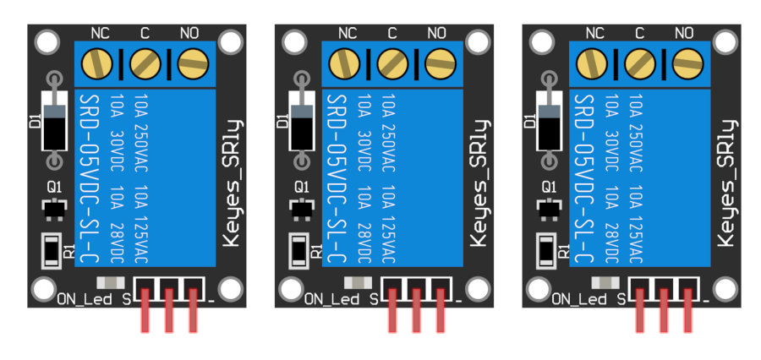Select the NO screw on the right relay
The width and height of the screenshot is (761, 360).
[x=686, y=62]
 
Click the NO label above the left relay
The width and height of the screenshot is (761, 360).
[x=189, y=34]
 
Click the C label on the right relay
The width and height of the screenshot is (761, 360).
[x=639, y=34]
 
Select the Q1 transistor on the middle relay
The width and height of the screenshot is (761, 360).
[x=301, y=207]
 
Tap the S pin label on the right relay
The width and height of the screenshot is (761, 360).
[x=621, y=298]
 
